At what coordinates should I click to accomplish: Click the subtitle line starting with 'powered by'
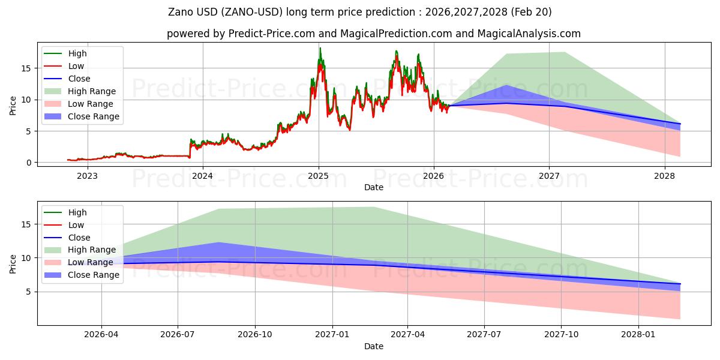[373, 34]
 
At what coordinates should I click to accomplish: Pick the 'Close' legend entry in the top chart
[79, 79]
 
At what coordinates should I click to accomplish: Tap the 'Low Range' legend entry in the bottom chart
[91, 263]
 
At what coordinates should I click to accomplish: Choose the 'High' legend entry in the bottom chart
[77, 212]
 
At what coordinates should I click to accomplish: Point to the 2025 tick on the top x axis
[318, 176]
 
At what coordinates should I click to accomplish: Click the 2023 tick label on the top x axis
[87, 176]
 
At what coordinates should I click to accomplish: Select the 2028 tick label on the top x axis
[664, 176]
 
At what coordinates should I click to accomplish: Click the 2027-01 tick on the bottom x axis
[332, 335]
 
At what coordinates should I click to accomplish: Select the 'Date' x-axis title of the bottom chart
[373, 346]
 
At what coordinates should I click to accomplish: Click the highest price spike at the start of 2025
[320, 48]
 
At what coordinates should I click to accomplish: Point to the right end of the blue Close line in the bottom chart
[680, 284]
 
